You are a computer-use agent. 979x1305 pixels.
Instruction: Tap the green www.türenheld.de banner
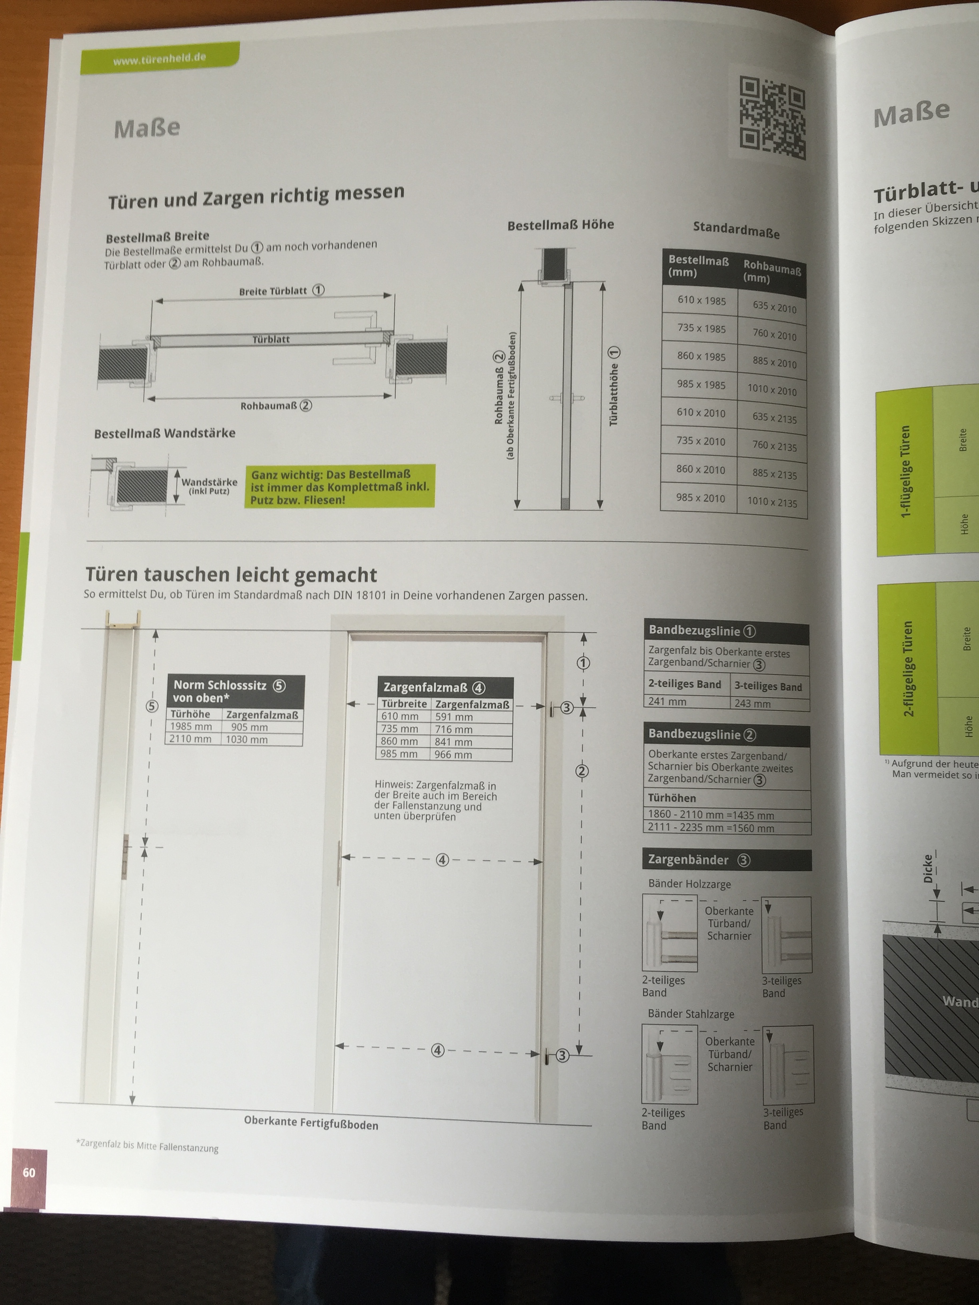[x=160, y=58]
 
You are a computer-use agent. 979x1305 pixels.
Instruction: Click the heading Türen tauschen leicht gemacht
[x=231, y=575]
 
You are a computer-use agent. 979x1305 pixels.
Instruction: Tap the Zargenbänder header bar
[x=726, y=860]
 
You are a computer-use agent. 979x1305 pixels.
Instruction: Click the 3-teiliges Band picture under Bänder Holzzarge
[x=787, y=935]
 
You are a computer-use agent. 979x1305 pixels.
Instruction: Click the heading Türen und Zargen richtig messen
[x=256, y=196]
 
